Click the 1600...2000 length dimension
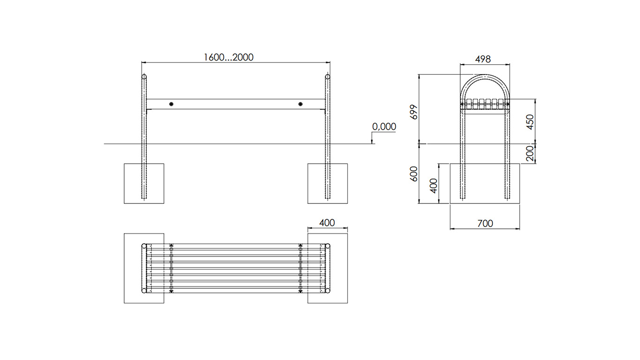pos(229,58)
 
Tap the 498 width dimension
pos(483,59)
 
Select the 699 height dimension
pos(414,112)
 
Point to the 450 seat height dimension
pos(530,122)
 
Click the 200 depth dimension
pos(530,153)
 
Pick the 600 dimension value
pos(414,174)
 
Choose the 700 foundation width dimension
pos(485,223)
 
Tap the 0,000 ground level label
pos(384,127)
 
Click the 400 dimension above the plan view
pos(327,223)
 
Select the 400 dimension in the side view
pos(434,186)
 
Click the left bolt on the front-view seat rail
pos(171,104)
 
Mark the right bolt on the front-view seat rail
pos(300,104)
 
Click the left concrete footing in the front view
pos(144,184)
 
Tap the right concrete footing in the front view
pos(327,184)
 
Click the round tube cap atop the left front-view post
pos(144,76)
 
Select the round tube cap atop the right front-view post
pos(327,76)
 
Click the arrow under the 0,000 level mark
pos(372,137)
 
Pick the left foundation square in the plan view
pos(144,268)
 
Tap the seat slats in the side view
pos(485,104)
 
